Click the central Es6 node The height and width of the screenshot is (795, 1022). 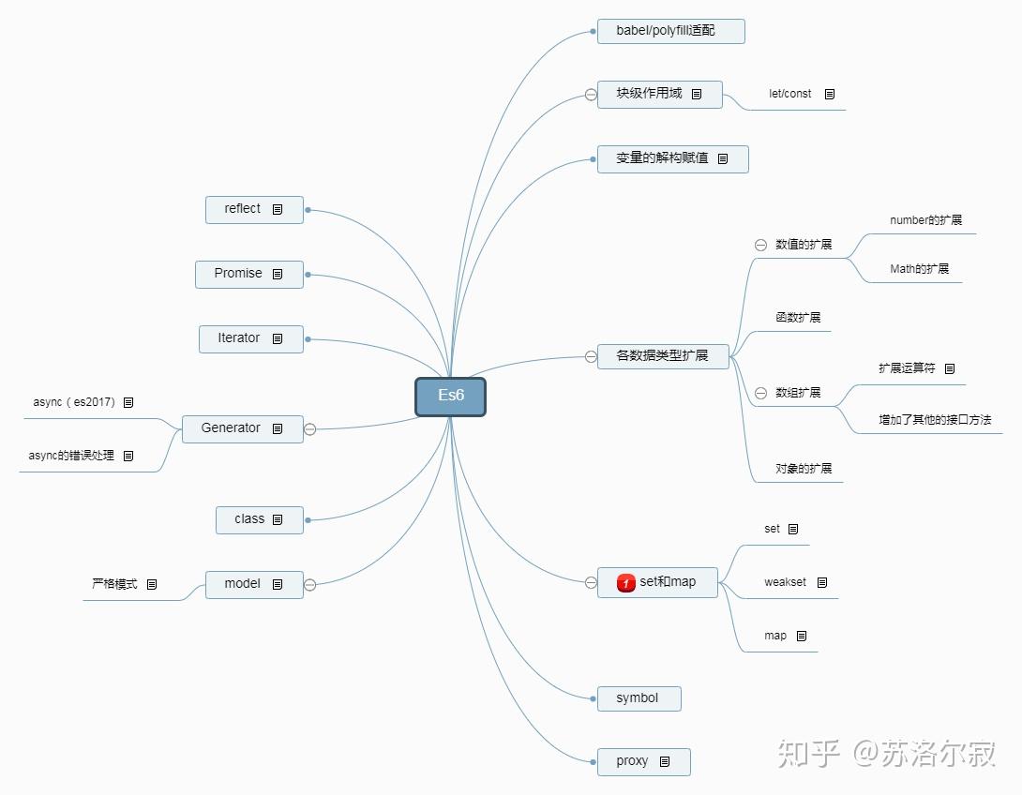(450, 396)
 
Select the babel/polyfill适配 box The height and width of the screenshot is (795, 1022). (670, 31)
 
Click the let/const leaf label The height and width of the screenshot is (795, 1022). (790, 94)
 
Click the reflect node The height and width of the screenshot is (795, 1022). (243, 209)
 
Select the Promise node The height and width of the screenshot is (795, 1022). (238, 274)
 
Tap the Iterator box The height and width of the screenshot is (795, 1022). (239, 338)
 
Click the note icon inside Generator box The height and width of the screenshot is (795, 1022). (278, 428)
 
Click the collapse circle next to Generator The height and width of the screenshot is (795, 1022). (310, 429)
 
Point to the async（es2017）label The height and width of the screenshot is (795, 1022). (74, 402)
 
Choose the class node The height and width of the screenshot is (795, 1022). (249, 519)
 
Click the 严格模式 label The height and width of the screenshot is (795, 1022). (114, 584)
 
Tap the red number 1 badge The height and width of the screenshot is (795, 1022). (626, 582)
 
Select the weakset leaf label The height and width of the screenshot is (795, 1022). (785, 582)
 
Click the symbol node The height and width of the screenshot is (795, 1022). (638, 698)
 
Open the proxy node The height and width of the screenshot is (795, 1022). (633, 761)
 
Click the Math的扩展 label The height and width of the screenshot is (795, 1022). (919, 269)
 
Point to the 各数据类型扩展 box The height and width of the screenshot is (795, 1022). (662, 356)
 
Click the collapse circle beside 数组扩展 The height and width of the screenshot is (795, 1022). (760, 393)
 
